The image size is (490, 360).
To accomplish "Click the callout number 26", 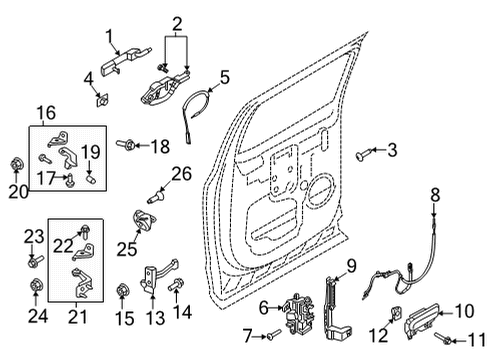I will [x=180, y=174].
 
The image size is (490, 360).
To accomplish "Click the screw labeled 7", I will [x=275, y=335].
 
